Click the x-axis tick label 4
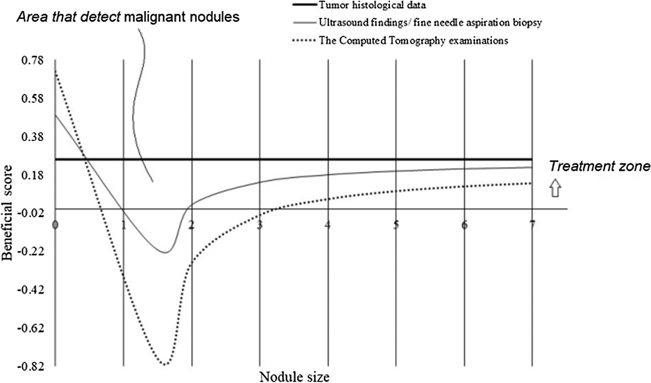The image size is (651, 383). coord(328,225)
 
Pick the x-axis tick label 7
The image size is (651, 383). coord(532,225)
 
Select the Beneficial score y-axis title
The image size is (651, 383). coord(7,213)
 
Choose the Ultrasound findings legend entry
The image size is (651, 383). coord(430,23)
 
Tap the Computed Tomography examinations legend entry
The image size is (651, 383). coord(413,40)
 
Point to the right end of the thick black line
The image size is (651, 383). coord(532,159)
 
